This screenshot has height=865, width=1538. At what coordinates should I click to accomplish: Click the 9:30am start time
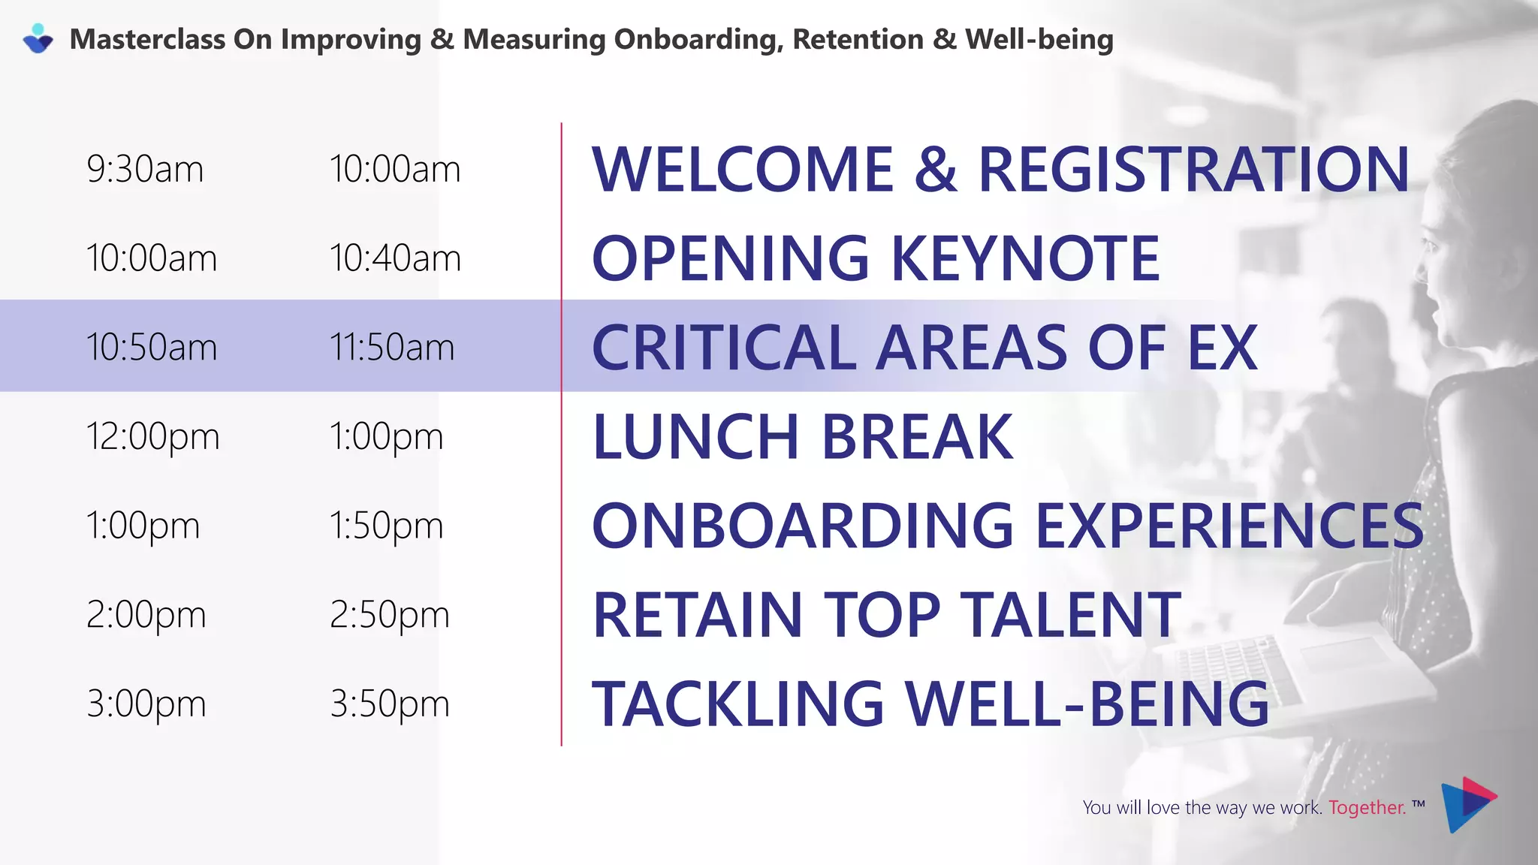tap(145, 169)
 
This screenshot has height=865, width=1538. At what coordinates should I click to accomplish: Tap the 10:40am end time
tap(395, 258)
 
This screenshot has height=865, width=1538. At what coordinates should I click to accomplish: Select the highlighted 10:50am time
tap(151, 348)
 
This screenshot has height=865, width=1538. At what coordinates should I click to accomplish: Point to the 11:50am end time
tap(392, 348)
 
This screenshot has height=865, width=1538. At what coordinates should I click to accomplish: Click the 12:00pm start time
tap(152, 437)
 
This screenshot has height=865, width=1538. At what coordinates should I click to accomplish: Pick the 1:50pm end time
tap(387, 526)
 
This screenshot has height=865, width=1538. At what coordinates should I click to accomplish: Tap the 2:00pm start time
tap(146, 615)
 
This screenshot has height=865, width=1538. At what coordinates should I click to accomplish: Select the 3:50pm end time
tap(390, 704)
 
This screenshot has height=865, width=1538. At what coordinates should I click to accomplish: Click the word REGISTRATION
tap(1193, 170)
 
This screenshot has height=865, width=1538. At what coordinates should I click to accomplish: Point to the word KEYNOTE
tap(1025, 258)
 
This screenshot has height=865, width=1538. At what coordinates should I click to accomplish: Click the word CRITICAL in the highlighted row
tap(724, 348)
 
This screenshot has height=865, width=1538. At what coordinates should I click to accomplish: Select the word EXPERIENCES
tap(1229, 526)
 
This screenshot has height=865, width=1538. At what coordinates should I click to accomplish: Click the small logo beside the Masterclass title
tap(38, 39)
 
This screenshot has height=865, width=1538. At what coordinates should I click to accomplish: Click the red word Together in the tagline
tap(1367, 808)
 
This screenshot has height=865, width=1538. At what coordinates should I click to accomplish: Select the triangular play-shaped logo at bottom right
tap(1467, 804)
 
